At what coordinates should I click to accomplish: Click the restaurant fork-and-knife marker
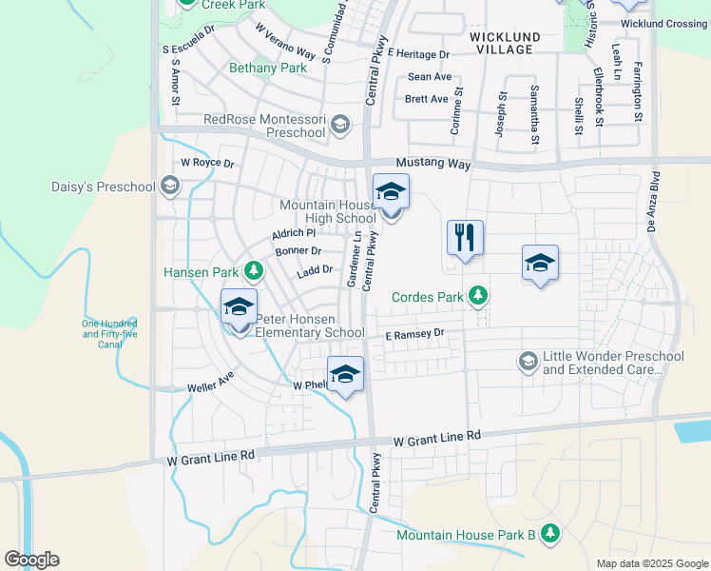[x=465, y=238]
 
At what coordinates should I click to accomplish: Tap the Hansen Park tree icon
[x=254, y=272]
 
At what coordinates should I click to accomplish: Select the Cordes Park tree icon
[x=480, y=297]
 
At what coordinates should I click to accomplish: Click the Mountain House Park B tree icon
[x=550, y=535]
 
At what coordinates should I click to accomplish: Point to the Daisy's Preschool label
[x=105, y=187]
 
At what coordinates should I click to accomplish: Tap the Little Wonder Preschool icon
[x=528, y=362]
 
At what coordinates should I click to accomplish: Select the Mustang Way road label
[x=433, y=165]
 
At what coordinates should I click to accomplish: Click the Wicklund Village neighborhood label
[x=505, y=43]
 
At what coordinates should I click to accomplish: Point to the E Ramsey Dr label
[x=414, y=334]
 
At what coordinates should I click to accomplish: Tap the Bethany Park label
[x=268, y=69]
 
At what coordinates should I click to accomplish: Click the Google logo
[x=31, y=560]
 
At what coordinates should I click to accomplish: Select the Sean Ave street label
[x=430, y=77]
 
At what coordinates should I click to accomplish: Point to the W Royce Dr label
[x=207, y=163]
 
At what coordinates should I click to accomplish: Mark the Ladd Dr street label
[x=314, y=270]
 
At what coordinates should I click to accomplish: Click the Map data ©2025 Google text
[x=651, y=563]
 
